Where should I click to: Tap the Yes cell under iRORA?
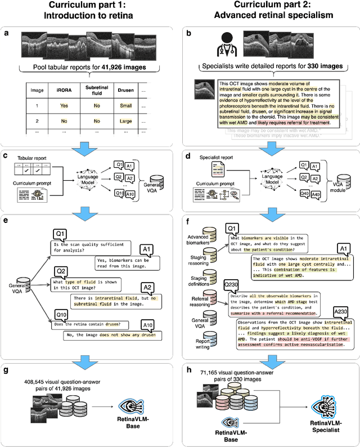(x=63, y=105)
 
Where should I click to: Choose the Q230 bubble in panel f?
(x=232, y=285)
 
